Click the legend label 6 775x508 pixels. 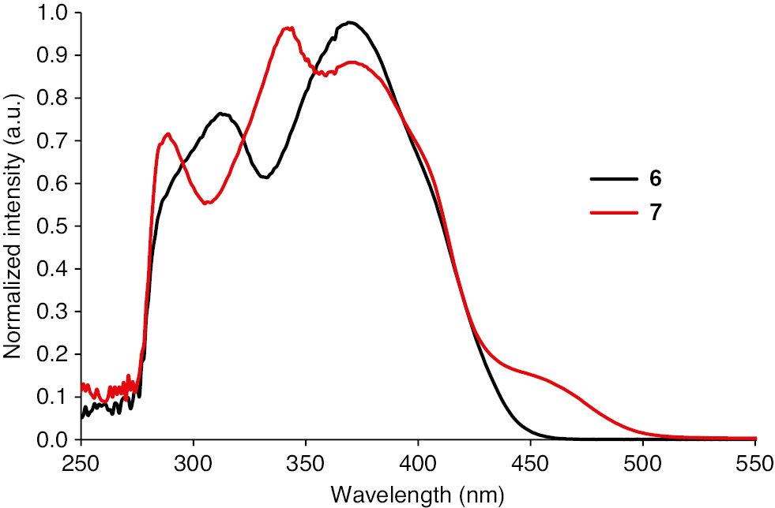tap(655, 179)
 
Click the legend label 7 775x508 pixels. tap(655, 213)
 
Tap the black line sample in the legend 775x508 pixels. tap(614, 179)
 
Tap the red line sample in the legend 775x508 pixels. tap(614, 213)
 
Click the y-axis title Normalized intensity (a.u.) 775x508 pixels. tap(14, 226)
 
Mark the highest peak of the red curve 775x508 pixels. tap(288, 28)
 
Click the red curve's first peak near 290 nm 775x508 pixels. tap(167, 134)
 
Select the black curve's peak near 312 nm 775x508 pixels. tap(223, 114)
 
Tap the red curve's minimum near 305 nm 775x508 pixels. tap(207, 203)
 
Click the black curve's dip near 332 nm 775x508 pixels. tap(265, 177)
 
